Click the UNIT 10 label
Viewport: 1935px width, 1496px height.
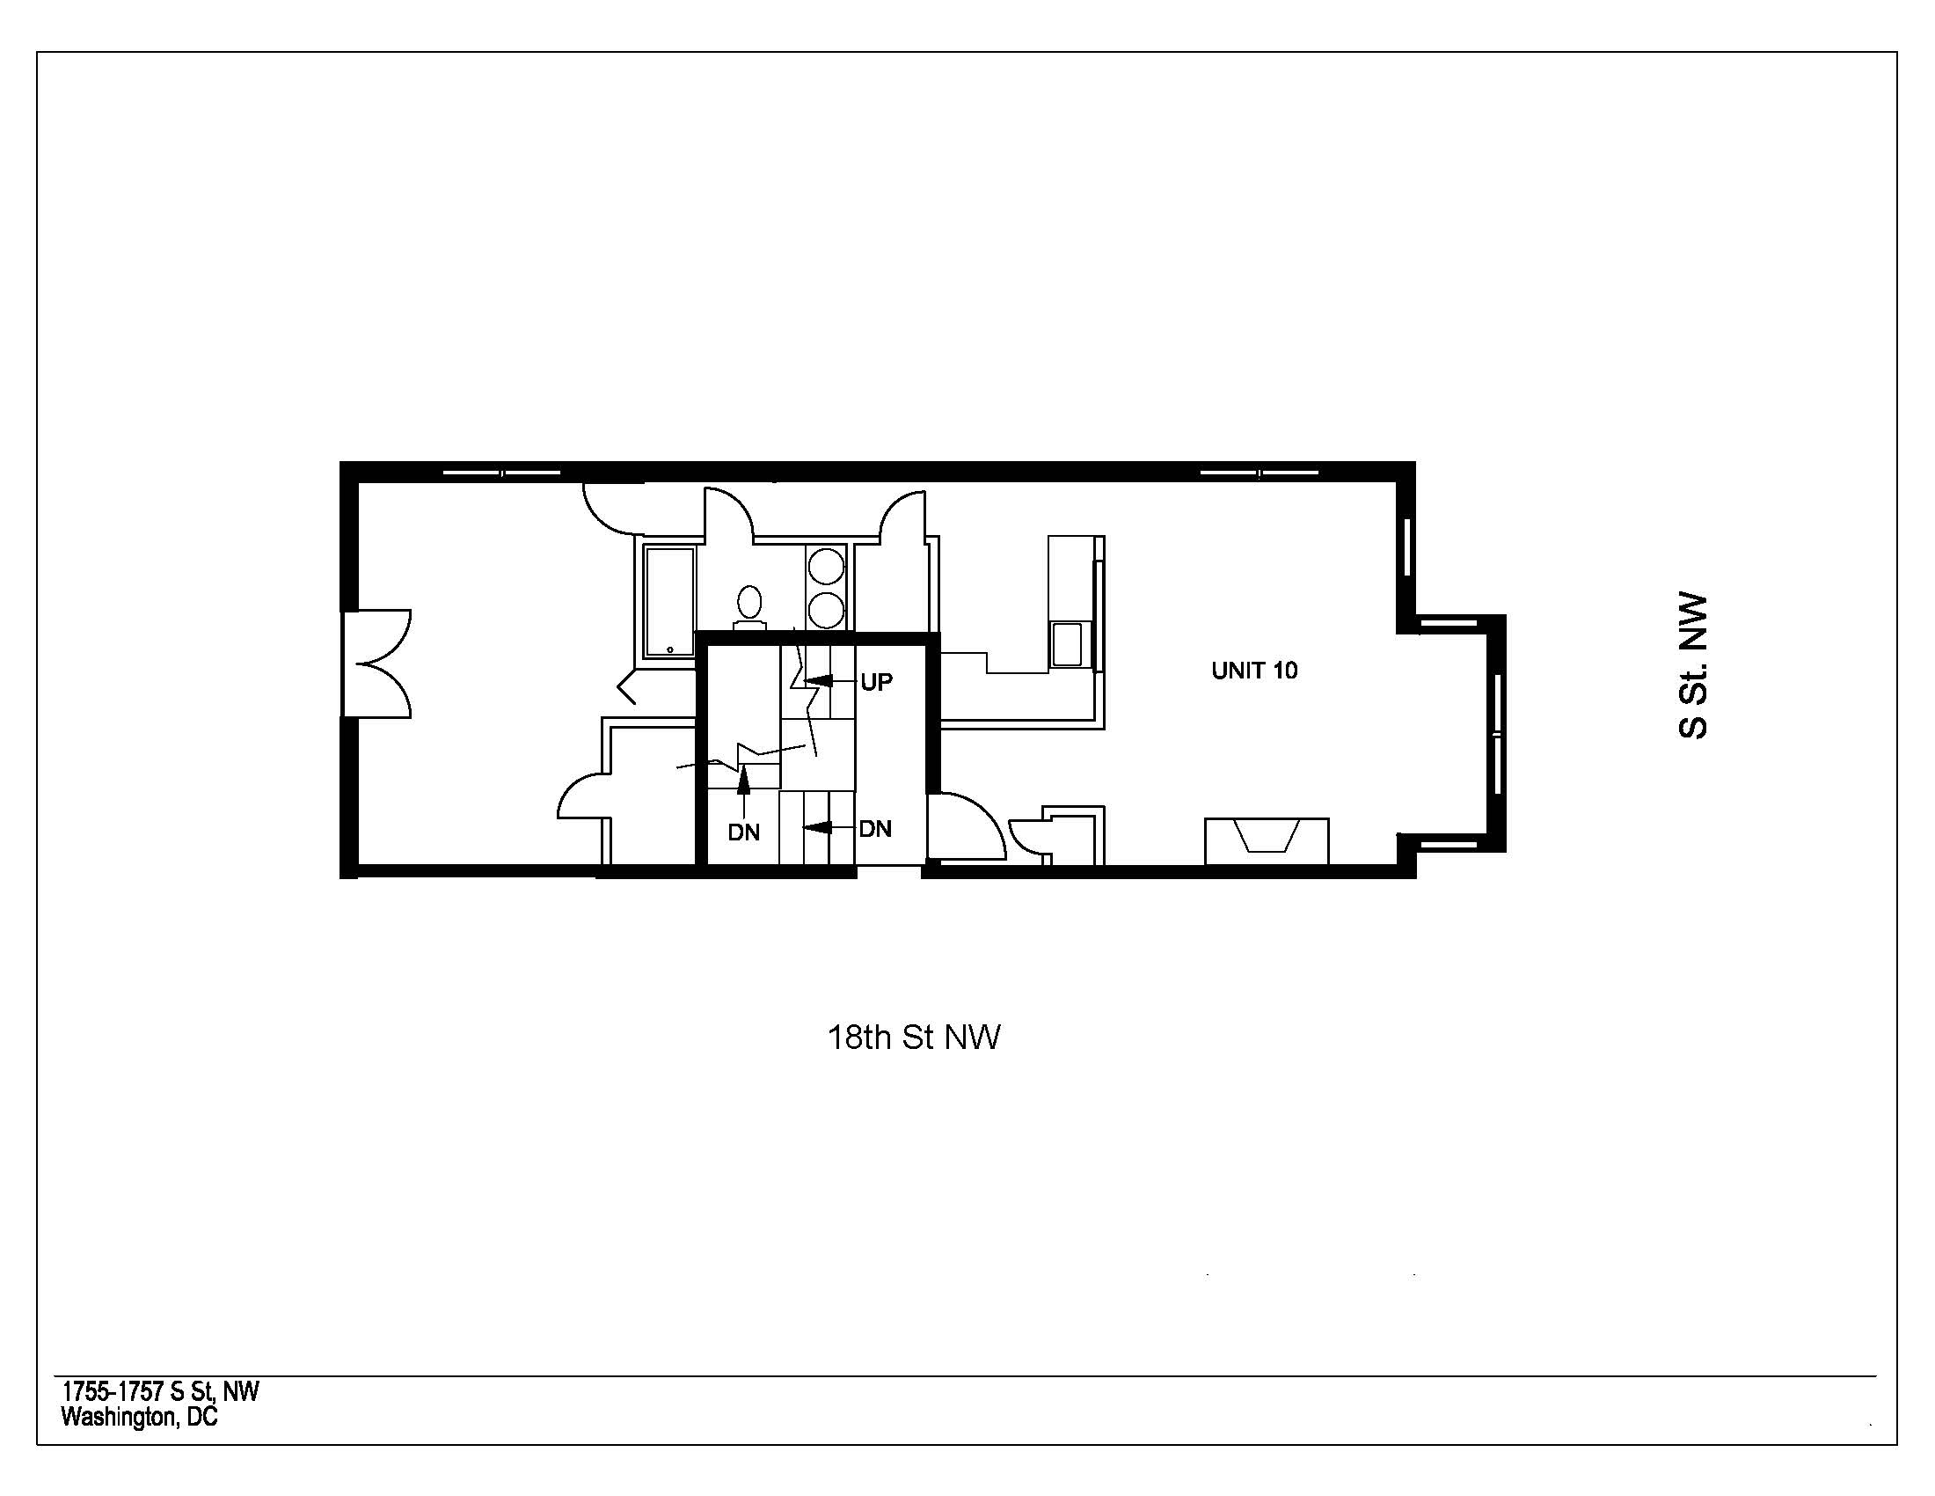(1253, 670)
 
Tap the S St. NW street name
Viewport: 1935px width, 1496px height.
(1693, 665)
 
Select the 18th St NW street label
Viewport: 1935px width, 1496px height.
(914, 1037)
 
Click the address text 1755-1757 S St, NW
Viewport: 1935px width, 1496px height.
(160, 1391)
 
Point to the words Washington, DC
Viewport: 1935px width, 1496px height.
(139, 1418)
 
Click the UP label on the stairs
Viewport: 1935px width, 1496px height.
(876, 682)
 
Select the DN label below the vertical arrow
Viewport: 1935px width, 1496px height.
(743, 832)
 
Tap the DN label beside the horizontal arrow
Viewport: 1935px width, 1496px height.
(875, 829)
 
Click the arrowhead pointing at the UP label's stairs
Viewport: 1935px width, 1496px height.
(817, 680)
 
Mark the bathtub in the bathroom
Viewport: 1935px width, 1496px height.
(670, 602)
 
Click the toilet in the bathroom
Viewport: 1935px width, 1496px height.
(749, 606)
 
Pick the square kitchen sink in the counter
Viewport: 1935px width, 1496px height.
(1067, 643)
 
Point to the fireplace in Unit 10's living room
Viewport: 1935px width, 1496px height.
(1267, 840)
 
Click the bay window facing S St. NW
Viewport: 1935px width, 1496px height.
(1495, 733)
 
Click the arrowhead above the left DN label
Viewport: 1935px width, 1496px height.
(744, 776)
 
